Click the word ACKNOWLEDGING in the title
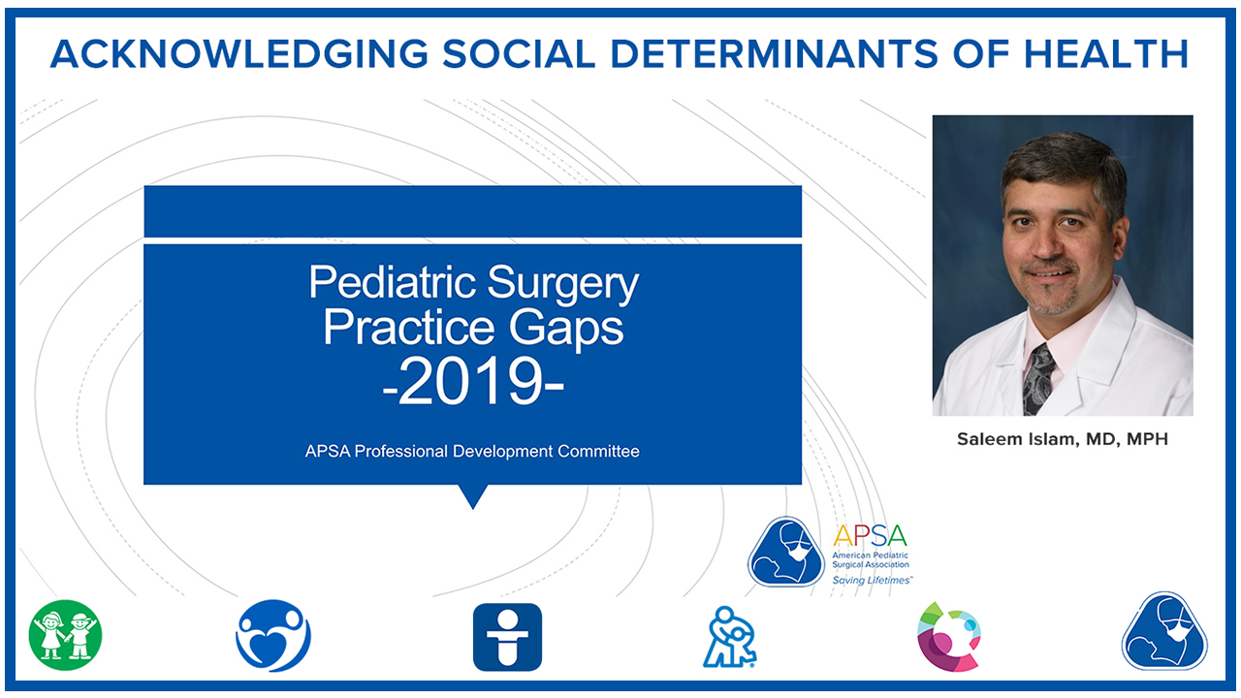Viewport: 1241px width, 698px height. click(x=239, y=54)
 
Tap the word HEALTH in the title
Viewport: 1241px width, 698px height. click(x=1105, y=54)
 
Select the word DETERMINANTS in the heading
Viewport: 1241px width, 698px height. click(x=774, y=54)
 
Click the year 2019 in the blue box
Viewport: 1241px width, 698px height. click(x=473, y=382)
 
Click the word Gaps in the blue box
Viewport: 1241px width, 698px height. click(x=565, y=329)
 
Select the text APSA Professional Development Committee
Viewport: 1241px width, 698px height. click(x=472, y=451)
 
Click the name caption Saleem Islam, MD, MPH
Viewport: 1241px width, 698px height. click(x=1062, y=439)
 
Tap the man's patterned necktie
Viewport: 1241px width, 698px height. click(x=1038, y=379)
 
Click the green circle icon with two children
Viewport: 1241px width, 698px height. click(x=65, y=635)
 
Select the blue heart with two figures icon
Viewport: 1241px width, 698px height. click(x=273, y=635)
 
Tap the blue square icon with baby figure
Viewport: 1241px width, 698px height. click(x=507, y=637)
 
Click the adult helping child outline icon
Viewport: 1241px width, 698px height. click(x=730, y=637)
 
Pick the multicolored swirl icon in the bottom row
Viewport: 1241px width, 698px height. click(x=949, y=637)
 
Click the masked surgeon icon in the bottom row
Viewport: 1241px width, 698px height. click(x=1164, y=631)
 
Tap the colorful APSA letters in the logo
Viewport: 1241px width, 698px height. click(x=870, y=536)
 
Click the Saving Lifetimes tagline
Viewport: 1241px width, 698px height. click(x=872, y=580)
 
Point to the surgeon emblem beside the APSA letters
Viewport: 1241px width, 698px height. click(x=785, y=552)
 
